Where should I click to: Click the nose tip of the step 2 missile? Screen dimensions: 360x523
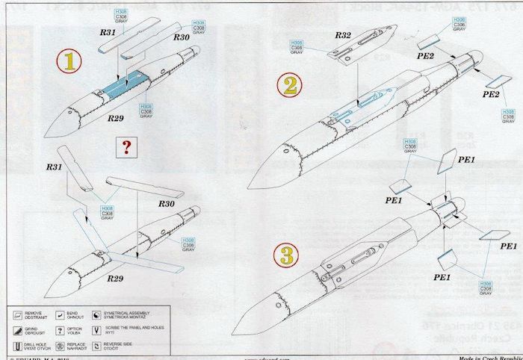tap(249, 186)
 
